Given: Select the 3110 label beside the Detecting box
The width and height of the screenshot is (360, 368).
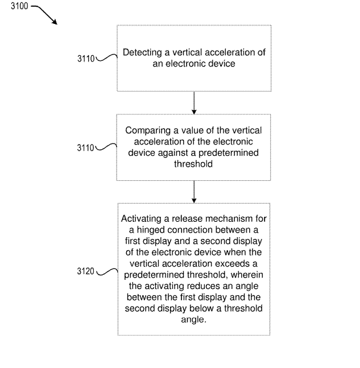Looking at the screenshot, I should tap(86, 57).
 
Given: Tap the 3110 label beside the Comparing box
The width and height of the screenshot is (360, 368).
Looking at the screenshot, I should tap(86, 148).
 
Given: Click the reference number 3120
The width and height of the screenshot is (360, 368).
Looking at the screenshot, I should tap(86, 271).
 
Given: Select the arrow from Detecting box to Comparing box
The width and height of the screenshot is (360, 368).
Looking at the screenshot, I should tap(194, 102).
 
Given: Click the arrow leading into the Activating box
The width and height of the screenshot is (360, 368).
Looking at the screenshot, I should tap(194, 192).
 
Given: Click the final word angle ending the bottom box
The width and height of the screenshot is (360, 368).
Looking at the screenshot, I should tap(193, 319).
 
